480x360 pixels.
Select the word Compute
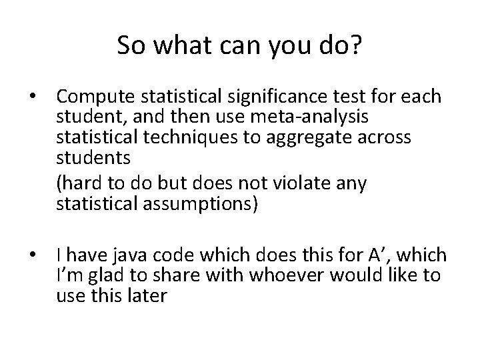point(97,97)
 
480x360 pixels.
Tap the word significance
point(266,97)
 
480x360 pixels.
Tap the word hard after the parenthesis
point(79,183)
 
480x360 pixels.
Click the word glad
point(100,275)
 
